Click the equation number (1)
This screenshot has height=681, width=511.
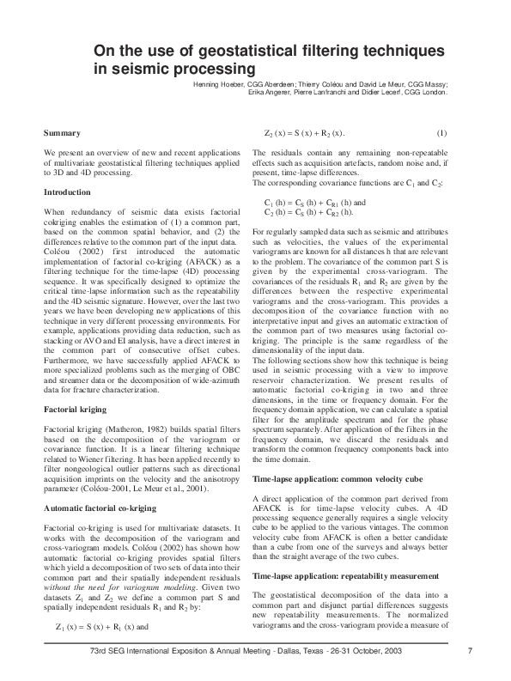pos(441,132)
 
